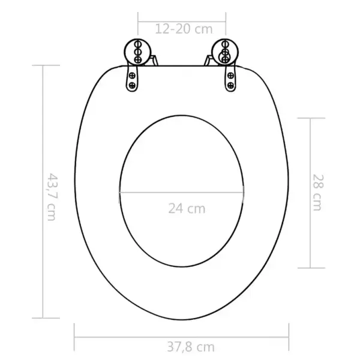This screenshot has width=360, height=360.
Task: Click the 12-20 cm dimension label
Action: (182, 29)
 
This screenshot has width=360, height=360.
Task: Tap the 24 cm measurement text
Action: (186, 209)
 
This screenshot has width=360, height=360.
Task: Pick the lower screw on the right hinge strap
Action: (230, 85)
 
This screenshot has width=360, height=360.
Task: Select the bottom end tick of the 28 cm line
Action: (310, 268)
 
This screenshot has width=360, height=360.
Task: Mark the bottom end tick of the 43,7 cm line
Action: (43, 317)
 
